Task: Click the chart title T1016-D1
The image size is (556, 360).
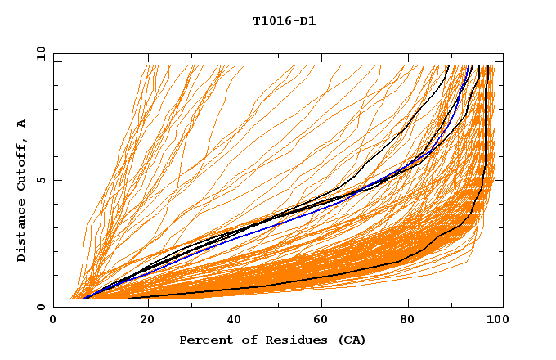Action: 285,21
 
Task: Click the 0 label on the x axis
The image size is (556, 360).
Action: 54,322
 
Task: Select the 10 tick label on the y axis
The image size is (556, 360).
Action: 38,53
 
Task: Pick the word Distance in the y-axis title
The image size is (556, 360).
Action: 22,233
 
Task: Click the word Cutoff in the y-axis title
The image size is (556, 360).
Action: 22,164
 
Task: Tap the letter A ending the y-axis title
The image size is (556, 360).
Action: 22,124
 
